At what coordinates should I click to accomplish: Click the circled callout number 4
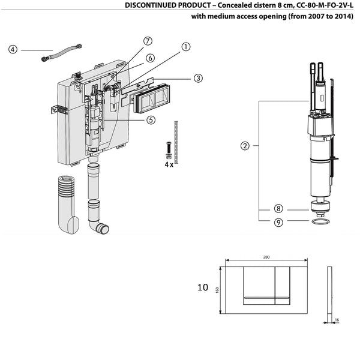[x=13, y=50]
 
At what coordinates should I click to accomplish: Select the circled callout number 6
[x=151, y=58]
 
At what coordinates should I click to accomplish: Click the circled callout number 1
[x=186, y=46]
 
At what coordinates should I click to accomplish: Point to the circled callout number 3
[x=197, y=77]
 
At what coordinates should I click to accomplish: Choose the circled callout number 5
[x=151, y=119]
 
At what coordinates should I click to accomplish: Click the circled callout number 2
[x=245, y=145]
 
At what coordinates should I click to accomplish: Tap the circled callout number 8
[x=278, y=209]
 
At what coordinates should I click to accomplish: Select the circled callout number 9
[x=278, y=221]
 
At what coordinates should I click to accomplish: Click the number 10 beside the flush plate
[x=203, y=287]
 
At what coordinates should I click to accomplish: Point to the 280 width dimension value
[x=266, y=257]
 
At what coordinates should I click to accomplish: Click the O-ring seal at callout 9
[x=320, y=222]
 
